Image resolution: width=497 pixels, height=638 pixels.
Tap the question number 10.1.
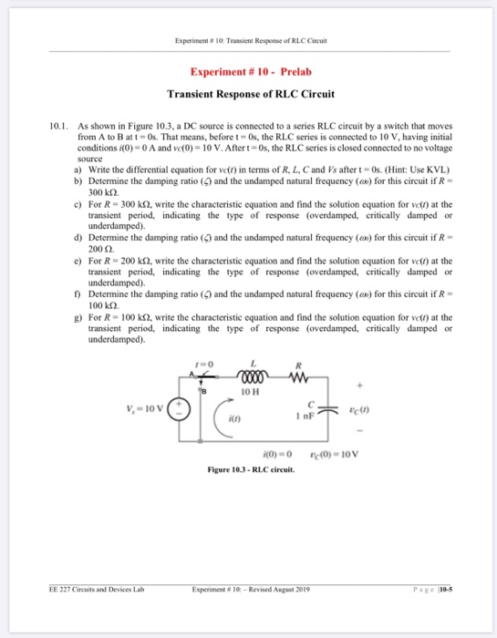(59, 121)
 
